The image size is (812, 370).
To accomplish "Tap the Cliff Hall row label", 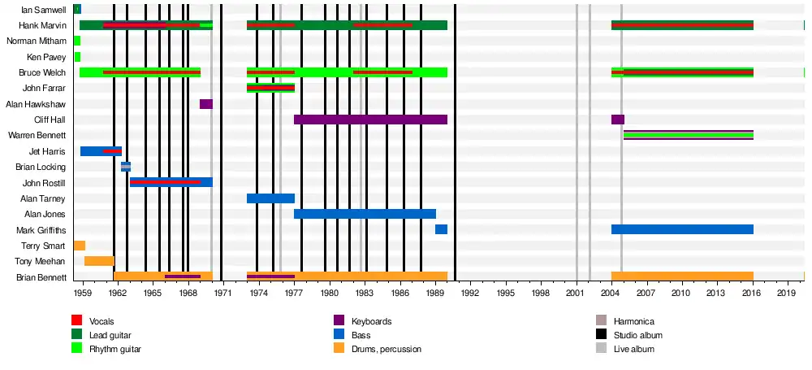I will pos(50,120).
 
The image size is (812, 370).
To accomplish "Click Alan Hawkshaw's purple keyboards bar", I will pos(206,104).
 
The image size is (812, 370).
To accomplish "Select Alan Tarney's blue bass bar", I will pos(270,198).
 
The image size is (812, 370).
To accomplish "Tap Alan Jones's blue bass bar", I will pos(365,214).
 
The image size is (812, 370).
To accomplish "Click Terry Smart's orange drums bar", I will pos(80,246).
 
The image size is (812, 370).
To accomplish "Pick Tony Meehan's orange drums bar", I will pos(99,261).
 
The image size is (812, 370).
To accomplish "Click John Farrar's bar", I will pos(270,88).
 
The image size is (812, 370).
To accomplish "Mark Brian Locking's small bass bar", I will pos(126,167).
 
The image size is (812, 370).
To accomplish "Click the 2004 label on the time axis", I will pos(611,292).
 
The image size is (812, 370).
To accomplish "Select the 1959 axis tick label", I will pos(83,292).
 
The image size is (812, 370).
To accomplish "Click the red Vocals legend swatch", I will pos(77,321).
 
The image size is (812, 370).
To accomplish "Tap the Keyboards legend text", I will pos(371,321).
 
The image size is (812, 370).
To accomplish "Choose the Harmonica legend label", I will pos(634,321).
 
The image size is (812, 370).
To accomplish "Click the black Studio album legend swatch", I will pos(601,335).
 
